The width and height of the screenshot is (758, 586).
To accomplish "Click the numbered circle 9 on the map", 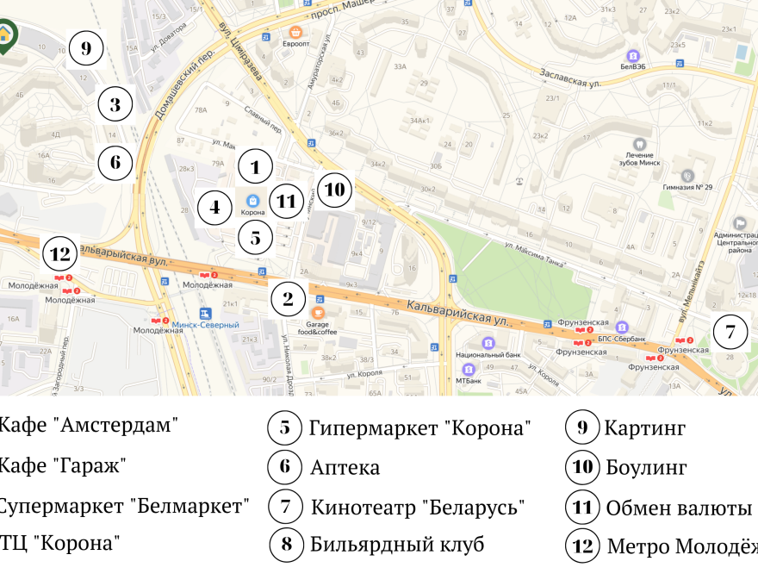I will coord(86,48).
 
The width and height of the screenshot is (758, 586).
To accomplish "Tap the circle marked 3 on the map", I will coord(115,106).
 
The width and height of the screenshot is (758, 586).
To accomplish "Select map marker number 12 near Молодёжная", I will coord(60,254).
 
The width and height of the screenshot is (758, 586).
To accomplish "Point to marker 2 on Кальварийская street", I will coord(288,299).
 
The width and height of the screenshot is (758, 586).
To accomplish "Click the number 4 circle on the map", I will coord(214,207).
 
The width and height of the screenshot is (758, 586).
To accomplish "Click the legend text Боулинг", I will coord(646,468).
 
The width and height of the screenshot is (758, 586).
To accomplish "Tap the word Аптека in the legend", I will coord(345,468).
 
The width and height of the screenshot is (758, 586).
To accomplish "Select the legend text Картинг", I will coord(645,427).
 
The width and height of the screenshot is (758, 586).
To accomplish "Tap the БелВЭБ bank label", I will coord(633,65).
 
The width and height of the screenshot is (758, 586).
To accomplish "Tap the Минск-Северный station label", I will coord(205,325).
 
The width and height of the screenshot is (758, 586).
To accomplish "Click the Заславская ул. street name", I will coord(569,78).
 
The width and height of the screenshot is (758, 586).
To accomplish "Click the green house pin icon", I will coord(7,35).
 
